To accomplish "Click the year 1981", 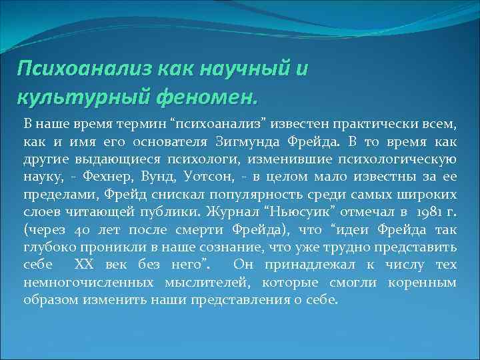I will pyautogui.click(x=425, y=211).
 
